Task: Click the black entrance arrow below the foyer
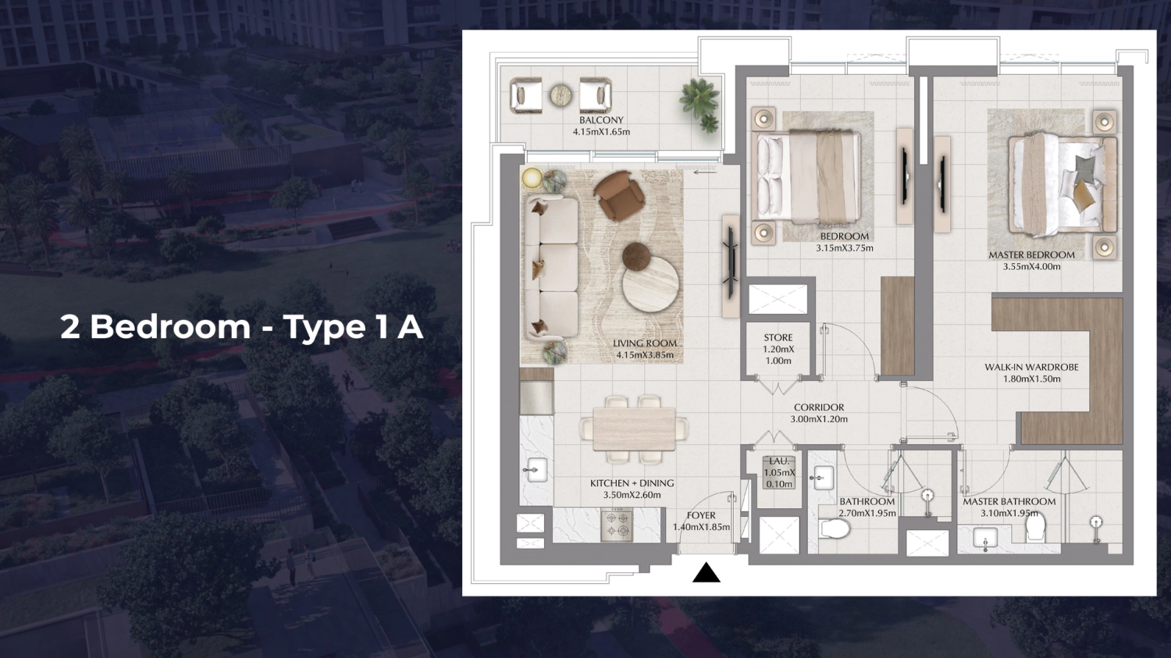(x=706, y=574)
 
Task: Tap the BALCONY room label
(x=601, y=120)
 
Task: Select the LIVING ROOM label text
(x=645, y=343)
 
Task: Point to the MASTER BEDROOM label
(x=1031, y=255)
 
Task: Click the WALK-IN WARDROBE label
(x=1031, y=367)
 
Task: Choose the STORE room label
(x=778, y=338)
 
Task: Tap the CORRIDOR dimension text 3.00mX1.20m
(x=819, y=419)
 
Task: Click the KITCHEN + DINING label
(x=632, y=483)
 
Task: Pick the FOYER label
(x=701, y=515)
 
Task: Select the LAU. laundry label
(x=779, y=461)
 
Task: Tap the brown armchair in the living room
(x=618, y=195)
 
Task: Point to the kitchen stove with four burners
(x=617, y=525)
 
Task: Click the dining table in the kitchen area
(x=634, y=429)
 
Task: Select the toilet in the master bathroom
(x=1035, y=528)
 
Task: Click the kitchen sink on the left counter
(x=536, y=469)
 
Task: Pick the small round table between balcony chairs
(x=561, y=95)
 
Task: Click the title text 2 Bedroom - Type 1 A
(x=241, y=327)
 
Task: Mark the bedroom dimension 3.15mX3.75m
(x=845, y=248)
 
